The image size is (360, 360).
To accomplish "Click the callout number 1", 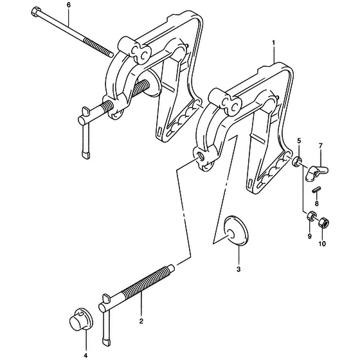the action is point(273,43).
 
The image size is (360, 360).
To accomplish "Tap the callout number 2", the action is point(141,321).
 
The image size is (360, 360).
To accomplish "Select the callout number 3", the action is point(239,269).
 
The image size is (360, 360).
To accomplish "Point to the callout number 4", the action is point(85,355).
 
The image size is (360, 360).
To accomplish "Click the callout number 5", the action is point(299,140).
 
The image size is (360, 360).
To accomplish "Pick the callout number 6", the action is point(69,5).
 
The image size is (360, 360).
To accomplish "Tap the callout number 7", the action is point(321,145).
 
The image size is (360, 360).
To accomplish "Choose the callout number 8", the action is point(316,203).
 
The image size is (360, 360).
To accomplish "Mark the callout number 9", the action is point(309,236).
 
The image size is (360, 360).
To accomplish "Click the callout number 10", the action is point(322,244).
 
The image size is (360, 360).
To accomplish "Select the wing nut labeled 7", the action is point(316,173).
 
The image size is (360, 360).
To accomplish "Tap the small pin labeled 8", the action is point(316,190).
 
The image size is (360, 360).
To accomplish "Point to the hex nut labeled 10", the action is point(324,222).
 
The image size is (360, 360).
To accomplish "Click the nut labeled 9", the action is point(312,215).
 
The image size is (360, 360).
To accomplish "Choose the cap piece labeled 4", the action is point(81,319).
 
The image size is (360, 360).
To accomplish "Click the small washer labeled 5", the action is point(296,162).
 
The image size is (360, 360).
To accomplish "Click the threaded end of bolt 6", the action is point(98,48).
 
